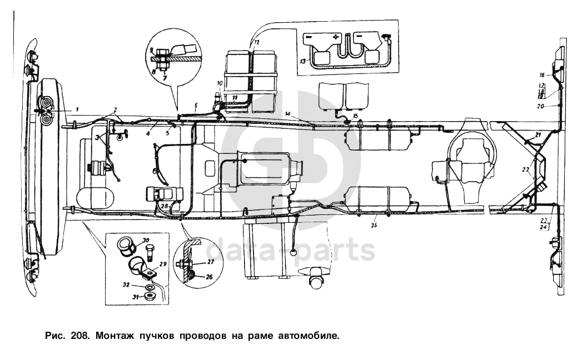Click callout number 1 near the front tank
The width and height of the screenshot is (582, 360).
click(78, 108)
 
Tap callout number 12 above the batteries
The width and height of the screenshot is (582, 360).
click(257, 42)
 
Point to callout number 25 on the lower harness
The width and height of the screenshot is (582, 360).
click(374, 226)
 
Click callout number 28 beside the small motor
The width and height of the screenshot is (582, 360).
click(164, 206)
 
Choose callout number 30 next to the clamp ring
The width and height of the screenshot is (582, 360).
click(146, 240)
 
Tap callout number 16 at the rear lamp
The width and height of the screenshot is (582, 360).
click(542, 74)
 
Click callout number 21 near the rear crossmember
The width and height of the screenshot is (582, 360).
click(538, 135)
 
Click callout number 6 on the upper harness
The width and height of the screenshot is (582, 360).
click(195, 104)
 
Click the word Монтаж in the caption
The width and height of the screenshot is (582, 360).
click(114, 336)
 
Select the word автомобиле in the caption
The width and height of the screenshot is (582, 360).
click(308, 336)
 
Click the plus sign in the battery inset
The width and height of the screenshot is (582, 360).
click(336, 37)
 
